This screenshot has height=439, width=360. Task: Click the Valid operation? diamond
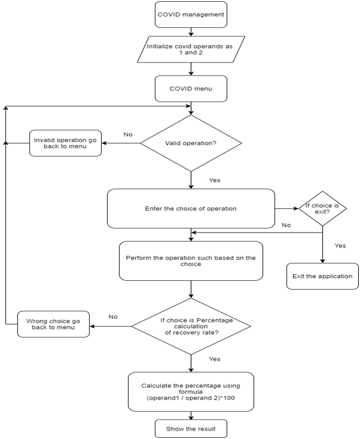(190, 143)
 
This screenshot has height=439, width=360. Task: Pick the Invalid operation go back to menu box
(65, 143)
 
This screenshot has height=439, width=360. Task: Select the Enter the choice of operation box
(190, 209)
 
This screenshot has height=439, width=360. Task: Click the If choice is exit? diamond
(323, 209)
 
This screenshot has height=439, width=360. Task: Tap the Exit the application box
(323, 276)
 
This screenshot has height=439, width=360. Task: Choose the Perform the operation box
(190, 261)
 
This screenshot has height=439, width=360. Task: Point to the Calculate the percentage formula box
(190, 391)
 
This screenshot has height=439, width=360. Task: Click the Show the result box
(190, 428)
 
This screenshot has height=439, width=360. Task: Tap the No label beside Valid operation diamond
(128, 134)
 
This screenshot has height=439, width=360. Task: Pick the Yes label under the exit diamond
(339, 245)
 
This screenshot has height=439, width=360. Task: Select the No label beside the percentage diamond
(112, 316)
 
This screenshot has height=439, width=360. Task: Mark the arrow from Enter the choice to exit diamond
(287, 209)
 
